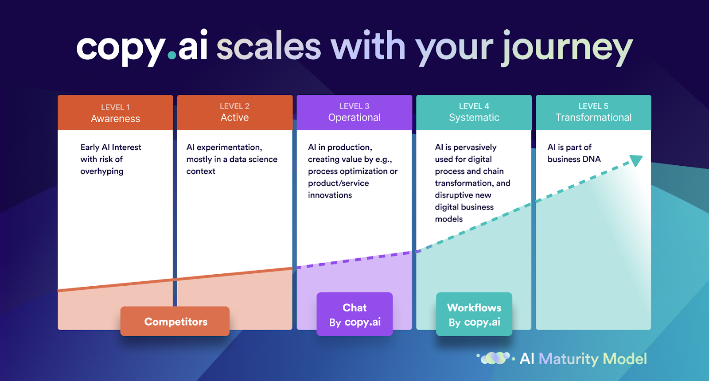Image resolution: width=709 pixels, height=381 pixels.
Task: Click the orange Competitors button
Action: pos(175,321)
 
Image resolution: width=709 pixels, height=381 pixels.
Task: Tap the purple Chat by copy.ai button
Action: pos(354,314)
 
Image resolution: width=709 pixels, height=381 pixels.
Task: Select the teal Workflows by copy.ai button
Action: pos(474,314)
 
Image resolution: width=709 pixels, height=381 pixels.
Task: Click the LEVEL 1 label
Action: pos(115,107)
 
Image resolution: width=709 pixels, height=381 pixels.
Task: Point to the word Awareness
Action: pos(115,119)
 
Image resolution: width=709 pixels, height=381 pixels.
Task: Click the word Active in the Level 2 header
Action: pos(234,117)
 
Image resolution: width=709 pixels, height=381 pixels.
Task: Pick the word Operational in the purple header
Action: pos(354,117)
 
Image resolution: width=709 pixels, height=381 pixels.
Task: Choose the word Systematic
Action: pos(474,117)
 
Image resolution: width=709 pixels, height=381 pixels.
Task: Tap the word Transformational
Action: pos(593,117)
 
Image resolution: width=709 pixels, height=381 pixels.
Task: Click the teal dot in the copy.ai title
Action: pos(171,55)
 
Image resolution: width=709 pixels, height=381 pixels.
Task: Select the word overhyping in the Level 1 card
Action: pos(102,171)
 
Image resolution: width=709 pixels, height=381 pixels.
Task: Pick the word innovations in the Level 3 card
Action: pos(330,195)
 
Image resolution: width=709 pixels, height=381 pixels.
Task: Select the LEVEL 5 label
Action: pos(593,106)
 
